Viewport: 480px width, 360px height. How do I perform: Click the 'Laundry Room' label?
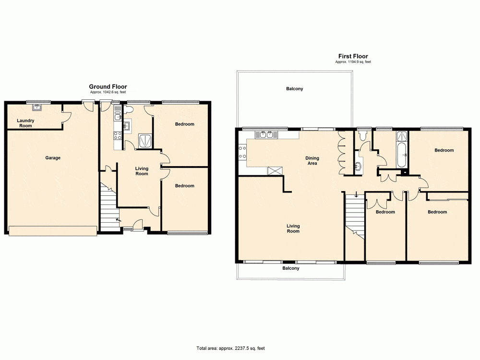point(24,123)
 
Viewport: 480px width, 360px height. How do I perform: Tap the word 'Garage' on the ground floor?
point(53,158)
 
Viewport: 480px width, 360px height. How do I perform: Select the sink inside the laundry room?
point(36,108)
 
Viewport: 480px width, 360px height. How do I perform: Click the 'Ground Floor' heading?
point(108,87)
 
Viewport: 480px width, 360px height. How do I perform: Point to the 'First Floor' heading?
point(353,56)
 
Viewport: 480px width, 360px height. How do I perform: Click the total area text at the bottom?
point(230,348)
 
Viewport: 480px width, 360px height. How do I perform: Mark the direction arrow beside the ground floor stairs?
point(118,220)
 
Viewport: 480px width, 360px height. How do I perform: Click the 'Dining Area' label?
point(312,161)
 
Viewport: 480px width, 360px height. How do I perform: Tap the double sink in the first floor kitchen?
point(267,134)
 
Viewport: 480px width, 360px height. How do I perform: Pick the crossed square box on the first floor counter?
point(275,170)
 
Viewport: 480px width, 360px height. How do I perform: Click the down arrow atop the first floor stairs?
point(356,195)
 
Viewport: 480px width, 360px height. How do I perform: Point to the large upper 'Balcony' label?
point(295,89)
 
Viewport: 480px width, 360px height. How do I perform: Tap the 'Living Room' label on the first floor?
point(293,228)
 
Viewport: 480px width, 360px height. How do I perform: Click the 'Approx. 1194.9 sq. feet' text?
point(353,62)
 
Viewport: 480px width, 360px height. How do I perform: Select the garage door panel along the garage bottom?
point(52,231)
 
